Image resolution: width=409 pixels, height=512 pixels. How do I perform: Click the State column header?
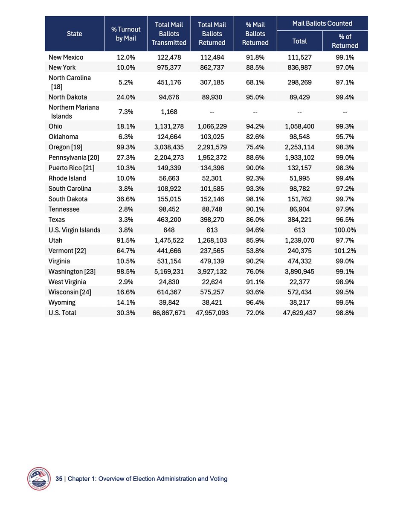coord(75,34)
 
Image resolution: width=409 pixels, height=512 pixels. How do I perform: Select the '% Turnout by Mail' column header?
coord(126,34)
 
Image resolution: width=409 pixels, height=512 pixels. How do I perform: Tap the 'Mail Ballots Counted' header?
coord(322,23)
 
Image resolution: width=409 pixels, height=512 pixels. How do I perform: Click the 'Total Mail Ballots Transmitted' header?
coord(169,34)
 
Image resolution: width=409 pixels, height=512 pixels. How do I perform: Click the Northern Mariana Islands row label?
coord(73,112)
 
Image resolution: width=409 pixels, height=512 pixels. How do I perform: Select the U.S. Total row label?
coord(63,313)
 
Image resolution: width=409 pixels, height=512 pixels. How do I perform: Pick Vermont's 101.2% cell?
coord(345,251)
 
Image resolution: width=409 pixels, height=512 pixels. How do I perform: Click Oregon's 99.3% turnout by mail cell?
coord(126,147)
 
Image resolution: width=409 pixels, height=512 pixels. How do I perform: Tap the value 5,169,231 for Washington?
coord(169,271)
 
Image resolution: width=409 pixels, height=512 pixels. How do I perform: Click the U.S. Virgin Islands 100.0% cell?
coord(345,230)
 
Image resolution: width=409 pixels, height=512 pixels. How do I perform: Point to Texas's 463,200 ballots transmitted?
coord(169,220)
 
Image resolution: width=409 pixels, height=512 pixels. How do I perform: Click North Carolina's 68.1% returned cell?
coord(255,82)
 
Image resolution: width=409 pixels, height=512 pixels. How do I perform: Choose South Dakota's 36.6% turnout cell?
coord(126,199)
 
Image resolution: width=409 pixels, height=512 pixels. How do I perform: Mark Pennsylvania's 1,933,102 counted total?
coord(299,157)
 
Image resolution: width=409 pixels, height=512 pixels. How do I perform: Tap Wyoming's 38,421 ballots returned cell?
coord(212,303)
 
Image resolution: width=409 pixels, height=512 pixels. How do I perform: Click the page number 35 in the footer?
coord(59,479)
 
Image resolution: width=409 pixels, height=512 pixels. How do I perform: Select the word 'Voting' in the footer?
coord(218,479)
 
